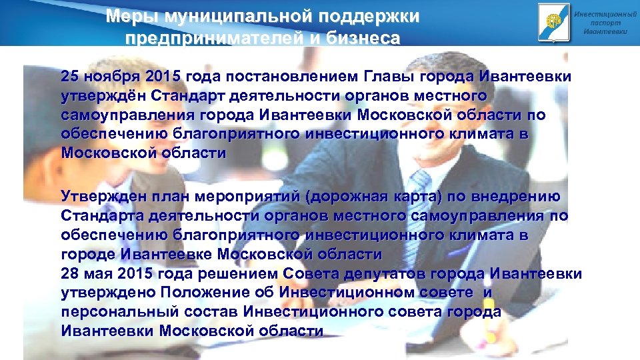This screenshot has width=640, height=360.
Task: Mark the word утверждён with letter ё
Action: coord(103,95)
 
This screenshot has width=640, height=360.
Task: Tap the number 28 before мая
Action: coord(70,273)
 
